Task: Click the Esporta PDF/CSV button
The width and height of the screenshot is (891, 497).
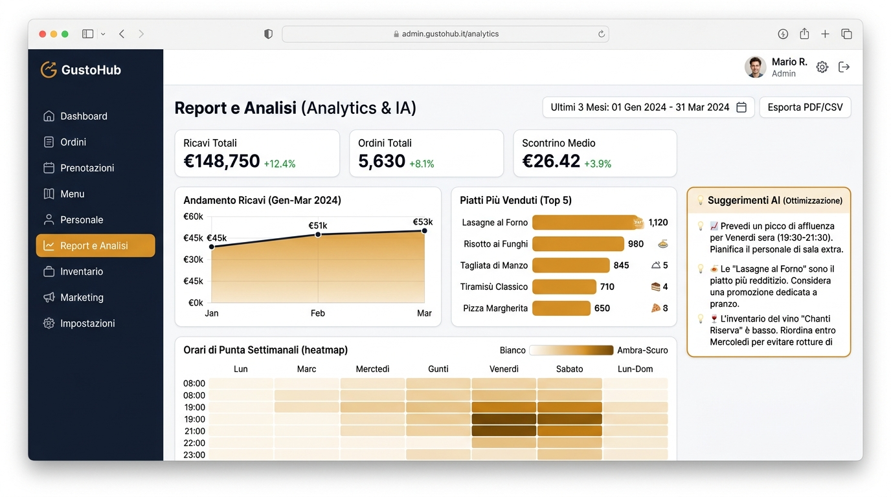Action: click(x=805, y=107)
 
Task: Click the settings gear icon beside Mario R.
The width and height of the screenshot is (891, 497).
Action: click(x=822, y=67)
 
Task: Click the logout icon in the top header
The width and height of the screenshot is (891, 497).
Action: click(x=844, y=67)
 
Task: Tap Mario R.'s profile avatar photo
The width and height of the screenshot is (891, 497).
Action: click(x=755, y=67)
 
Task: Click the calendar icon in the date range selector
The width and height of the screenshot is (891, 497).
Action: click(x=741, y=107)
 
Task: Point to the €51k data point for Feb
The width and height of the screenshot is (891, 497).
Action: click(x=318, y=234)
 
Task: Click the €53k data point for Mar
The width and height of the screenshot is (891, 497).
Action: click(x=424, y=230)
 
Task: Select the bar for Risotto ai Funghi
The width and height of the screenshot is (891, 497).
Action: click(x=578, y=244)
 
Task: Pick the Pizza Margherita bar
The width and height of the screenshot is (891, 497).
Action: click(x=561, y=308)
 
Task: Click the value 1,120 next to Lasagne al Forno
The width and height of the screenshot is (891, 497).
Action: click(x=658, y=222)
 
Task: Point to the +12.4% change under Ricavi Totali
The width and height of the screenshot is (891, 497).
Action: click(x=280, y=164)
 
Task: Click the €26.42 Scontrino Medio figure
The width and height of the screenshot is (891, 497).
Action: click(x=551, y=161)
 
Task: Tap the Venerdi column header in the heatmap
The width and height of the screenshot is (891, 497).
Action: click(x=504, y=369)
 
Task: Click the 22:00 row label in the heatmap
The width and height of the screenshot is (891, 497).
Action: click(x=194, y=443)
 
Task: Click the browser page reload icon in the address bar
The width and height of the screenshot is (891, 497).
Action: click(x=601, y=34)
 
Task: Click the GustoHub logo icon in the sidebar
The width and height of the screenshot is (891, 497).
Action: click(x=49, y=70)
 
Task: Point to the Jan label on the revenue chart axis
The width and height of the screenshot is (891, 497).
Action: click(x=212, y=313)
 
